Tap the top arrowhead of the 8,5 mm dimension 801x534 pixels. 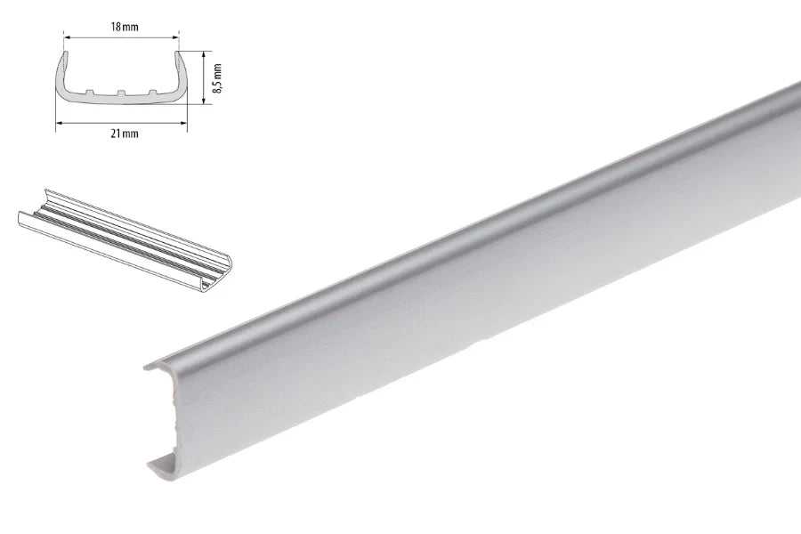coord(204,54)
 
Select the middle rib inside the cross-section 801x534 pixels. coord(121,93)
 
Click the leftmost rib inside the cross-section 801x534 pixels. coord(90,92)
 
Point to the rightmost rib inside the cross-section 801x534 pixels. coord(152,92)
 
